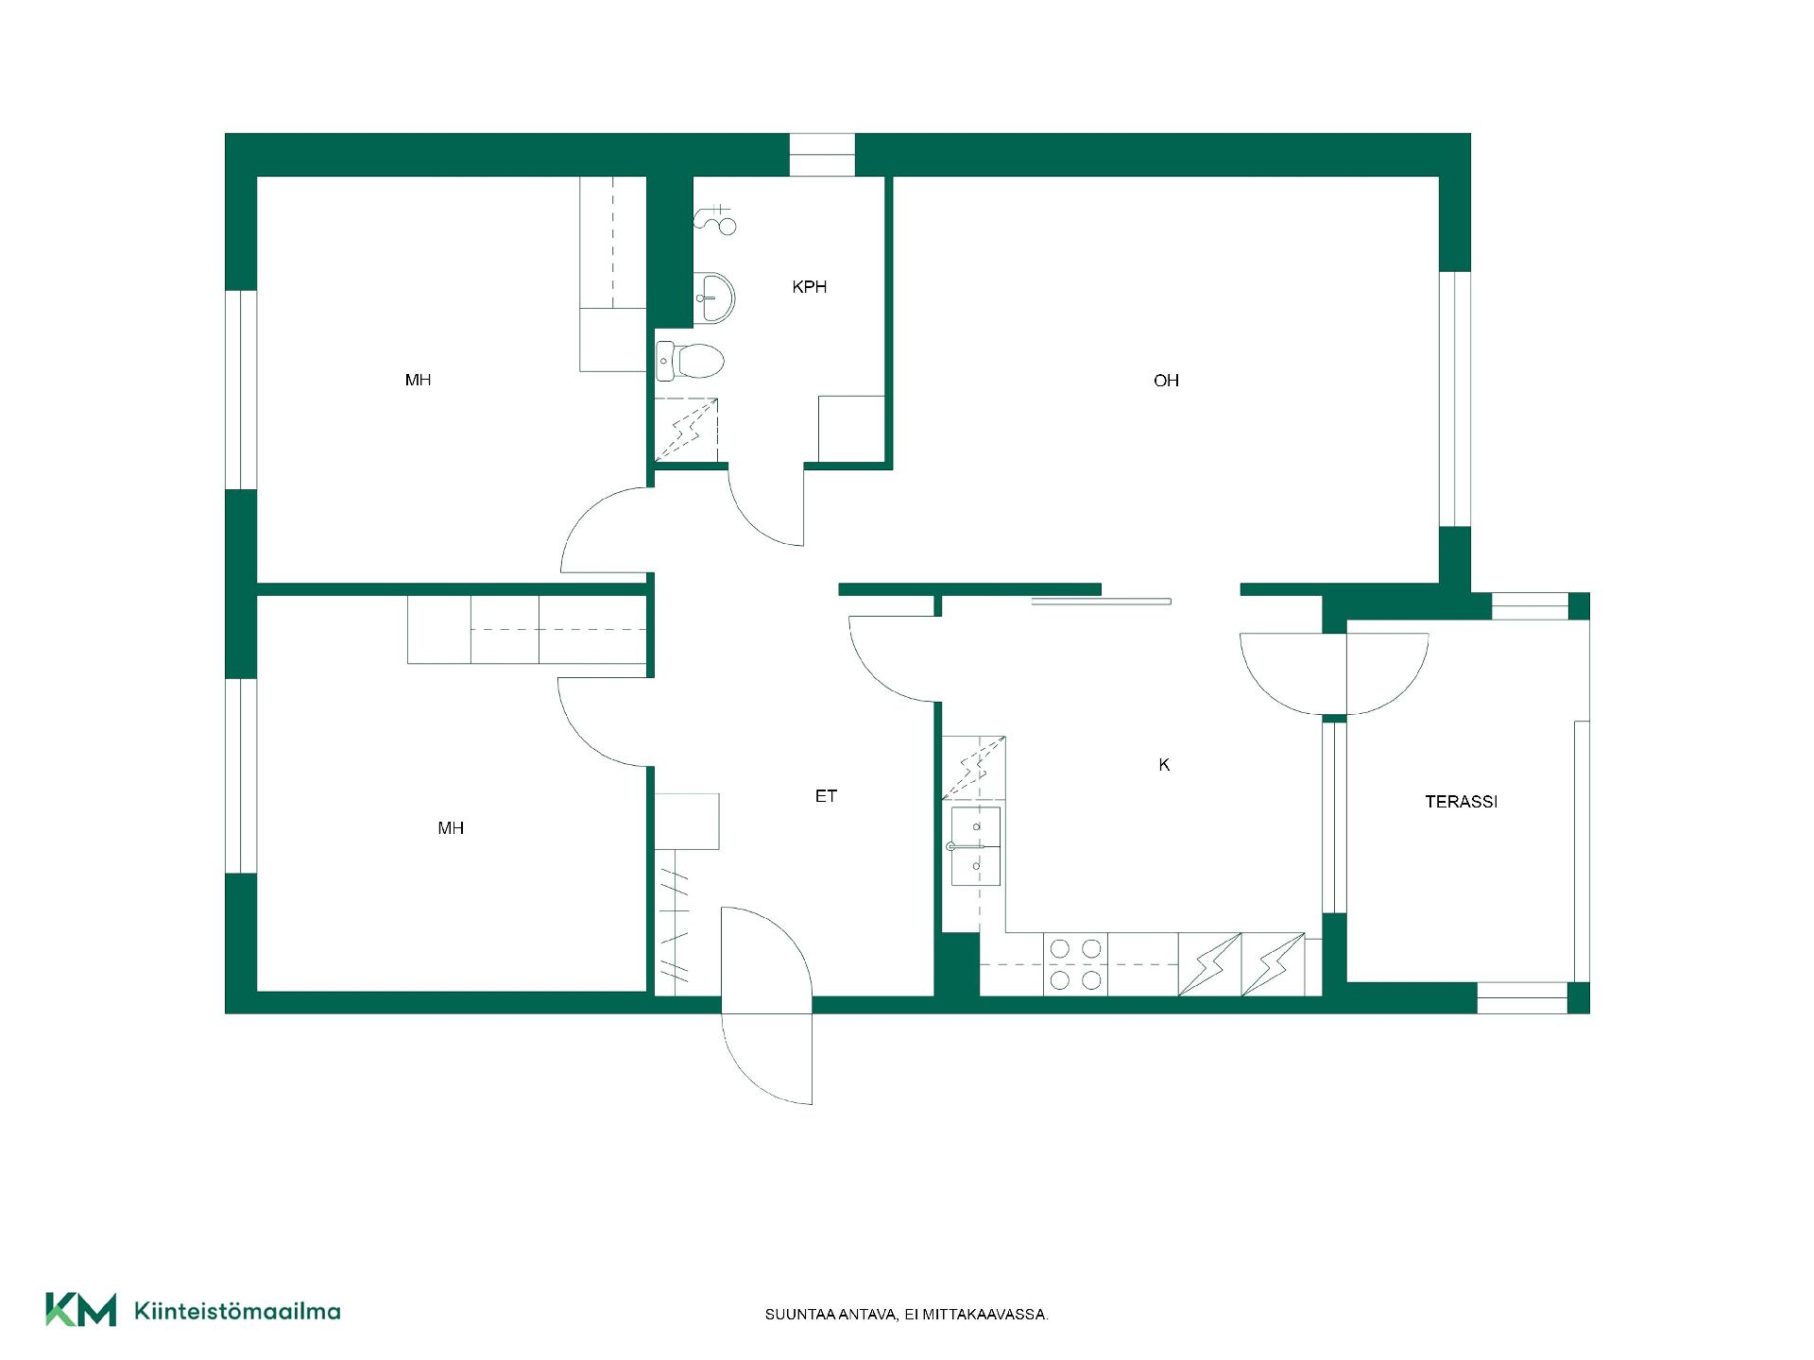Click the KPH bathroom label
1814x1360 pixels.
coord(810,287)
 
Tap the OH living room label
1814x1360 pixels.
coord(1166,381)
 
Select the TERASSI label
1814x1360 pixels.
coord(1462,802)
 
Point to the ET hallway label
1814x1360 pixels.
coord(826,796)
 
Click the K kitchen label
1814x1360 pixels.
coord(1164,765)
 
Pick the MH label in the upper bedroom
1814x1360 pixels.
coord(418,380)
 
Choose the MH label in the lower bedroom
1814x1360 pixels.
coord(451,828)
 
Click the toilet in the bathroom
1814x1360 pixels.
coord(690,361)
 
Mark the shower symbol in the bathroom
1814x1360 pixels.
coord(715,220)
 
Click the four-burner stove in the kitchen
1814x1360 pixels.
coord(1075,964)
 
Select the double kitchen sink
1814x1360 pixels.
coord(975,846)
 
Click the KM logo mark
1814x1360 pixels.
coord(81,1309)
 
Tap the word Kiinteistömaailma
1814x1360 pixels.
coord(238,1311)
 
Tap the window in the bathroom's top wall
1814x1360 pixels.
coord(822,155)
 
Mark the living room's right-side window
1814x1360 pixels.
coord(1455,399)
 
